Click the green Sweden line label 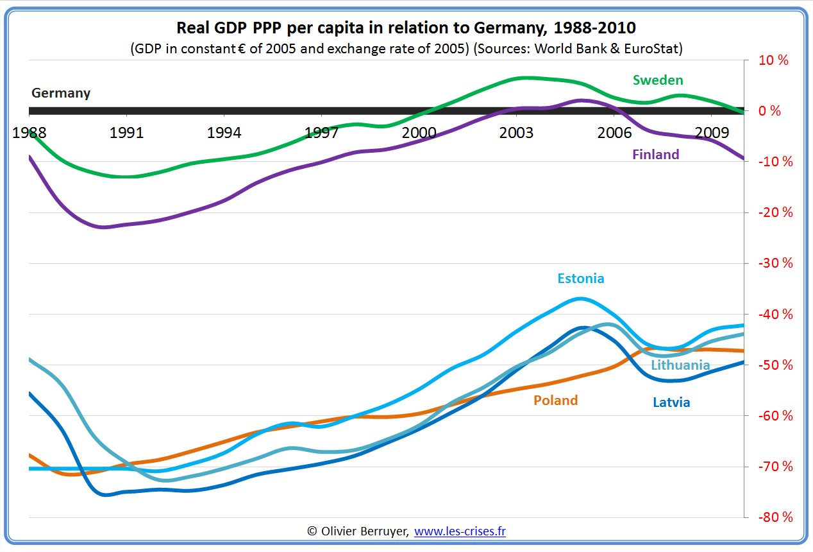(x=658, y=80)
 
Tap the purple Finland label (x=655, y=154)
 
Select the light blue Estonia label (x=580, y=279)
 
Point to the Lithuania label (x=680, y=365)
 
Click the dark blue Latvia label (x=671, y=402)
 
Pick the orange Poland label (x=555, y=401)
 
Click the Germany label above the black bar (x=61, y=93)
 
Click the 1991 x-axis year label (x=126, y=133)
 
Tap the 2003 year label (x=516, y=133)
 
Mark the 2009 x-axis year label (x=711, y=133)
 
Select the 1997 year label (x=321, y=133)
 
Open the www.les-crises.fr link (x=460, y=531)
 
